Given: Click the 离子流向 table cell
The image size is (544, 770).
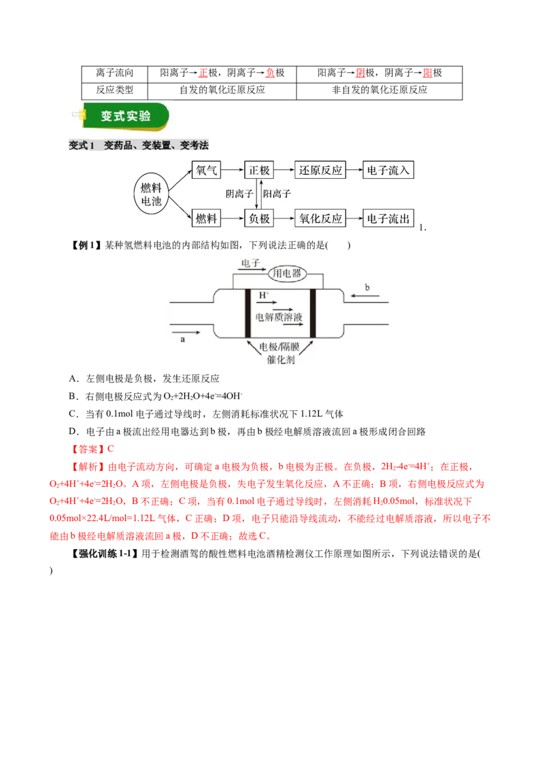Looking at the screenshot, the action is click(x=114, y=73).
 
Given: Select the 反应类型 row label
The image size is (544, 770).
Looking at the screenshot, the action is click(x=114, y=90).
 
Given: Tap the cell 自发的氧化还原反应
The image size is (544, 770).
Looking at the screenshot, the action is click(x=222, y=90).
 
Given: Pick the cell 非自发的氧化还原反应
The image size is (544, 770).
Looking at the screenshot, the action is click(x=379, y=90).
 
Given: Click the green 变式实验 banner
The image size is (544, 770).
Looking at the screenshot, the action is click(x=126, y=116).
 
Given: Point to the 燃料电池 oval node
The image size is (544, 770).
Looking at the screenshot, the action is click(x=151, y=195).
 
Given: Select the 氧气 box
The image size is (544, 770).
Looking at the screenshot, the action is click(x=206, y=170).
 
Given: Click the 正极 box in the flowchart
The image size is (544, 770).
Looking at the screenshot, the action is click(x=259, y=170).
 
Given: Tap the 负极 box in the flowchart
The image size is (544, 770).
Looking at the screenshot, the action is click(x=259, y=218).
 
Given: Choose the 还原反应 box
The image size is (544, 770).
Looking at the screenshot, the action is click(x=320, y=170).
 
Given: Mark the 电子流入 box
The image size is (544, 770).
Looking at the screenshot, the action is click(x=388, y=170).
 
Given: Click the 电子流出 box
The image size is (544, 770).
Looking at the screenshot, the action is click(x=388, y=218).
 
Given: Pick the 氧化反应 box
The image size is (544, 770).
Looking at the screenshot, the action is click(x=320, y=218).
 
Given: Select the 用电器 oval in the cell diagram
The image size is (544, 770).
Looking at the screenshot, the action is click(x=287, y=273).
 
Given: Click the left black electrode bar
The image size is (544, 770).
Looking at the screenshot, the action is click(x=248, y=314).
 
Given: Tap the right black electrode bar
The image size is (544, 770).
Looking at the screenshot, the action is click(x=313, y=314).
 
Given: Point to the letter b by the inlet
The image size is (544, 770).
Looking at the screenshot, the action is click(x=367, y=288).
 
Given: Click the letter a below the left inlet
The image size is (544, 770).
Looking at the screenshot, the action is click(x=183, y=339).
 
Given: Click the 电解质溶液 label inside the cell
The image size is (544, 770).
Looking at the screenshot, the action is click(x=278, y=318).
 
